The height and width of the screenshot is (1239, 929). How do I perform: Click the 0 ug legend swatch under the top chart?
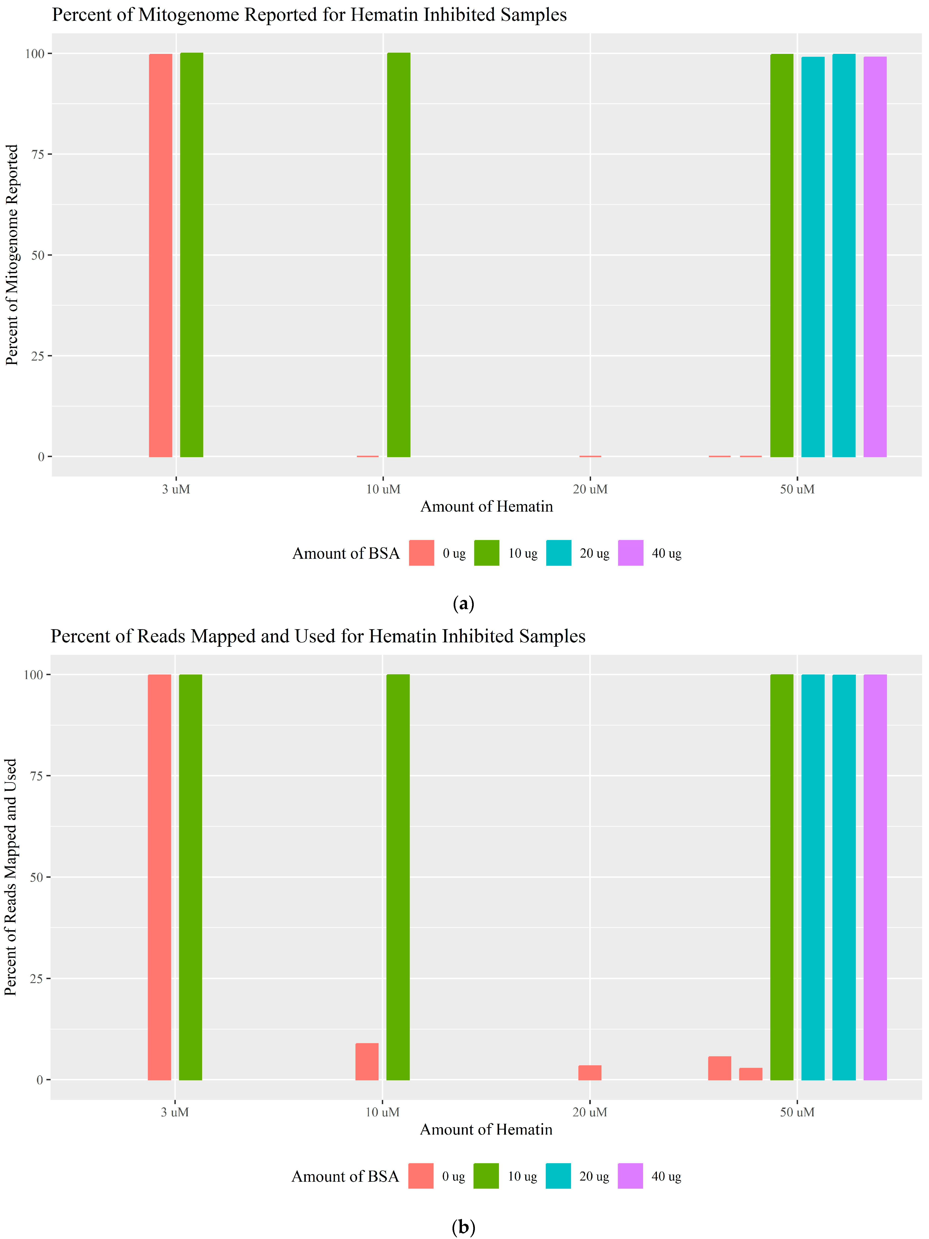tap(421, 553)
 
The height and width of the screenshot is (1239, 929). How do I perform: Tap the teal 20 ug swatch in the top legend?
tap(558, 553)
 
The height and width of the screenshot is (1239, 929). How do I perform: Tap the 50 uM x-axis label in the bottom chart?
tap(797, 1112)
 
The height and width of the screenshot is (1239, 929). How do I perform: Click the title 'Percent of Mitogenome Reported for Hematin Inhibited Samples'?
tap(309, 15)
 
